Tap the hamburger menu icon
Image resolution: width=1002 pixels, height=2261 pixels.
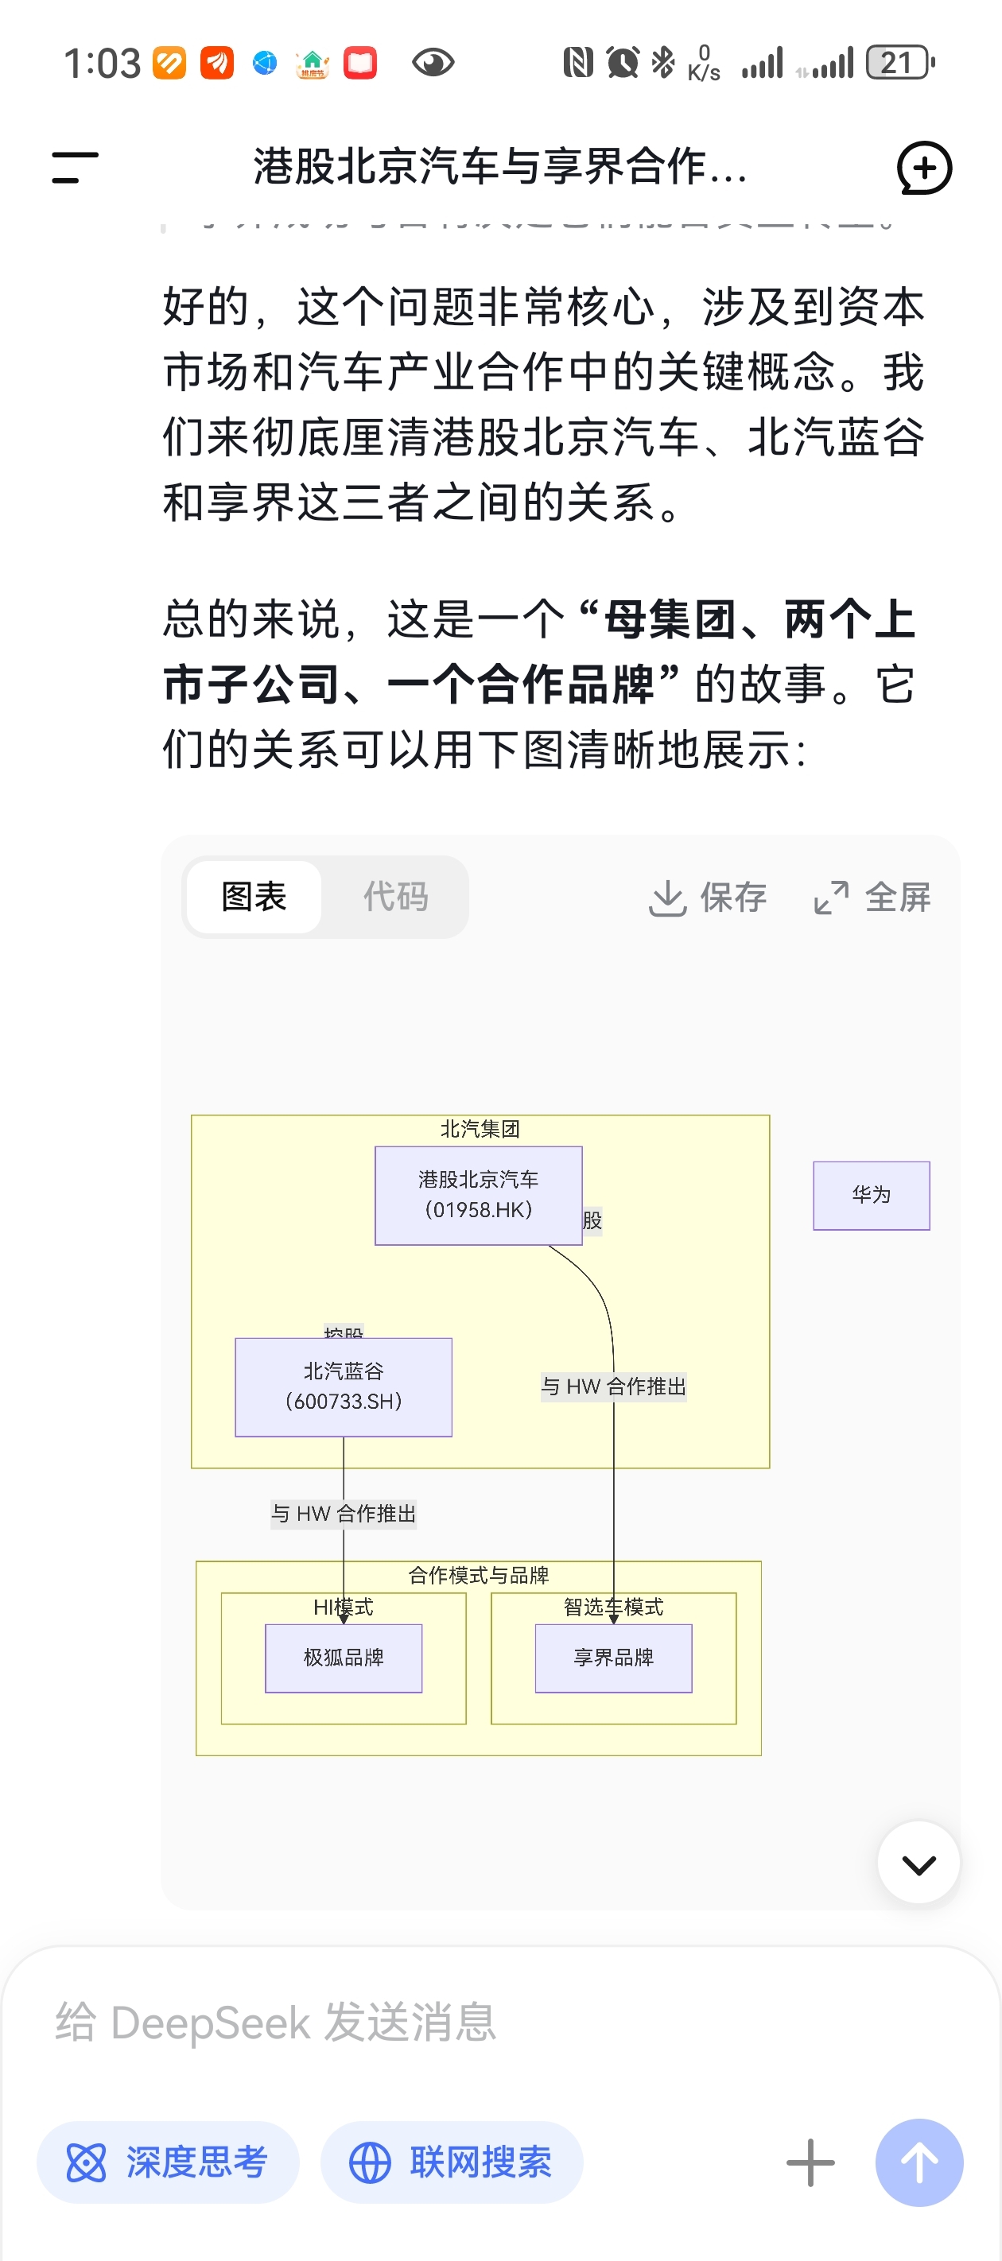75,167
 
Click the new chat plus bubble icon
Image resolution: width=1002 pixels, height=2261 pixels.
924,167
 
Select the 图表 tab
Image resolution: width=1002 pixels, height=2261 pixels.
254,896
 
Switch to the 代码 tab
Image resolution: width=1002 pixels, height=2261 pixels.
395,896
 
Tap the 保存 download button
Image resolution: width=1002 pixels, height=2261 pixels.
707,897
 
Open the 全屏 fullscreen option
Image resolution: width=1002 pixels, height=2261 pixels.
872,897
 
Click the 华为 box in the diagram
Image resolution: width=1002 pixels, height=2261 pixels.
870,1195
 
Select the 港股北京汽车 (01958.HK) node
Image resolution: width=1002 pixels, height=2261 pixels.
478,1195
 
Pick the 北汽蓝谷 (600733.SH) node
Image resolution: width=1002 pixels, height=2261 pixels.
344,1386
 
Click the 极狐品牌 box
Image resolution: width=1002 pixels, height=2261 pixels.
344,1657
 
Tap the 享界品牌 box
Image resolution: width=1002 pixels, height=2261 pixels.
613,1657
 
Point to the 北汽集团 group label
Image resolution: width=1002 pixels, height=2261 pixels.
480,1129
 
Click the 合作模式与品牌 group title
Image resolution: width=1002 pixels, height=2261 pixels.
478,1575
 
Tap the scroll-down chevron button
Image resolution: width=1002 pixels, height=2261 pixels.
918,1862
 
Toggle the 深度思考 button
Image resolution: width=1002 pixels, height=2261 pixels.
168,2161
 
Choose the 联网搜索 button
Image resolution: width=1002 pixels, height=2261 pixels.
452,2161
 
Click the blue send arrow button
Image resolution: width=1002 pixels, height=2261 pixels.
918,2161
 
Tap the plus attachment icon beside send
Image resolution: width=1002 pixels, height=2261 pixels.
810,2161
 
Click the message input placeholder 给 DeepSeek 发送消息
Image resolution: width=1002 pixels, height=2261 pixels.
276,2022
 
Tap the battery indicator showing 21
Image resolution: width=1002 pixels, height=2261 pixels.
899,63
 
